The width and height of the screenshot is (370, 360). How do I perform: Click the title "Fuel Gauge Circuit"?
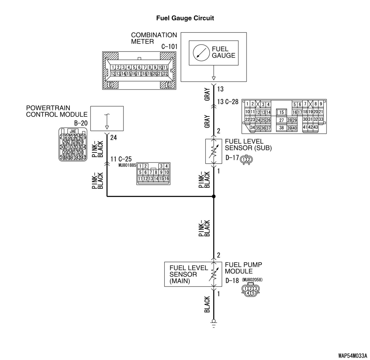point(185,18)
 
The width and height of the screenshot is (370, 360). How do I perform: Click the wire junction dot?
point(214,196)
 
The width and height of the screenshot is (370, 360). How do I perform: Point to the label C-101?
point(169,47)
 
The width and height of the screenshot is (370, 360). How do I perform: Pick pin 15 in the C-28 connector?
point(282,112)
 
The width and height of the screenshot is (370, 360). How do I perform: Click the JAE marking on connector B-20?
point(73,131)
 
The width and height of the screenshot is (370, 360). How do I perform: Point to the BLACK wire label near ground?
point(207,304)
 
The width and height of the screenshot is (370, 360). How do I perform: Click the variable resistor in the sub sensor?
point(214,151)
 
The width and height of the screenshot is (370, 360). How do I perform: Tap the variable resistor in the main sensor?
point(214,274)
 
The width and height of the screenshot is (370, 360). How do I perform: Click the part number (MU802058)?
point(252,280)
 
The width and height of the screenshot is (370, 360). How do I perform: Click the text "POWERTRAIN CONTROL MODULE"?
point(57,111)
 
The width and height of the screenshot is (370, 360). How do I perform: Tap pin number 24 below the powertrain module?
point(113,138)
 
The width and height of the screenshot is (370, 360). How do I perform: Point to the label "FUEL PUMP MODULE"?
point(243,268)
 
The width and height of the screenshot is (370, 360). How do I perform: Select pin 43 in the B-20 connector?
point(83,158)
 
